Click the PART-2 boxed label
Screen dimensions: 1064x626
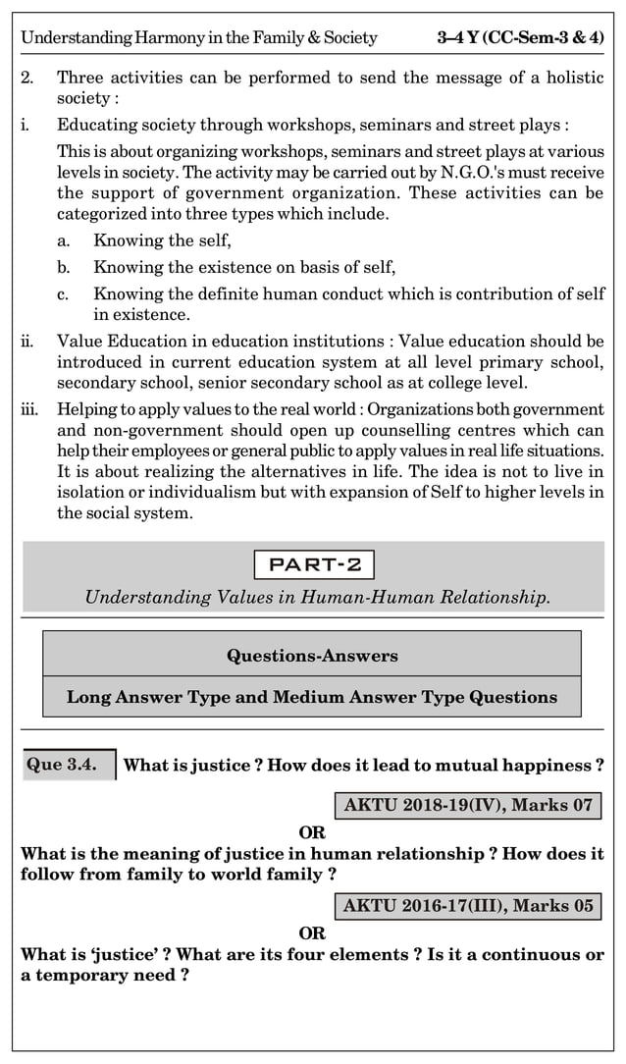(x=314, y=565)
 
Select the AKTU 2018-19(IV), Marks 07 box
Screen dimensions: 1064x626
(x=468, y=806)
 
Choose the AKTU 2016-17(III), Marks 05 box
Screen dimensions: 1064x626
(x=468, y=905)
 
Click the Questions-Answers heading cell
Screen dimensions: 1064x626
(x=312, y=655)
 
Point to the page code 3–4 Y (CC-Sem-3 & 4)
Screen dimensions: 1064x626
(x=520, y=38)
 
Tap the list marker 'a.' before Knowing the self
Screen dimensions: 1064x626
(x=64, y=240)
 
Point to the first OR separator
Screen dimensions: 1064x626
(x=312, y=833)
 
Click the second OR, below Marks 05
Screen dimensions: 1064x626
(x=312, y=932)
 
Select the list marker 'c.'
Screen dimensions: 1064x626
(x=64, y=293)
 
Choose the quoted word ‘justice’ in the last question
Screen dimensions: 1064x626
(x=94, y=954)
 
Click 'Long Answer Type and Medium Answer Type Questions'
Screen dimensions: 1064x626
(x=312, y=697)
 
